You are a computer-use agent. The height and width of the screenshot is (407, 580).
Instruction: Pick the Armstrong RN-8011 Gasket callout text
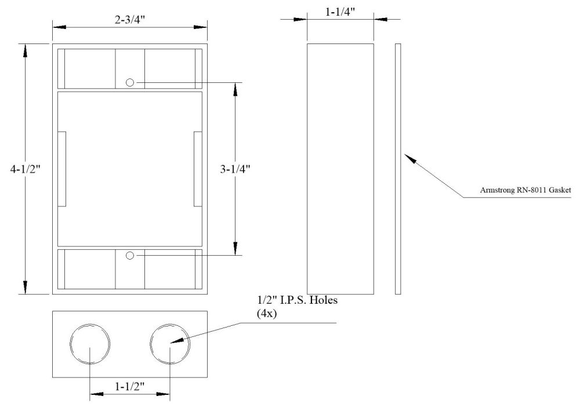(526, 190)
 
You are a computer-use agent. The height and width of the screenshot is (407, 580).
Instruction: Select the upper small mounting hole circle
(130, 83)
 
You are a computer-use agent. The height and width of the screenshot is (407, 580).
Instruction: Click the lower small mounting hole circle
(130, 255)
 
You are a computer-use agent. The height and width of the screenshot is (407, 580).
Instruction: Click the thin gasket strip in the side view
(398, 169)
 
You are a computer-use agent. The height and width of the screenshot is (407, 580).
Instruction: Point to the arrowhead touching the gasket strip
(408, 158)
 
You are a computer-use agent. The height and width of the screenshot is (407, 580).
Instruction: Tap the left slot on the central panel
(63, 169)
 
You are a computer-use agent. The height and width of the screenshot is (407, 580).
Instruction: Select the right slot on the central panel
(197, 169)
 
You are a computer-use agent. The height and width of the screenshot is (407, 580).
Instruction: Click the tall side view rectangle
(340, 169)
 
